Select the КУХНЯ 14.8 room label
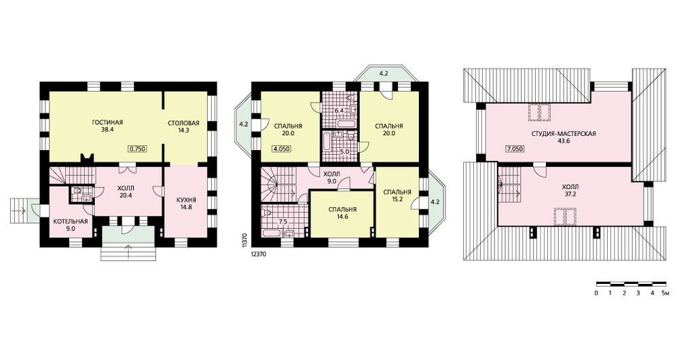(x=187, y=203)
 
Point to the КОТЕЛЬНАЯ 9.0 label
(x=71, y=225)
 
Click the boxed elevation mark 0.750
(x=138, y=149)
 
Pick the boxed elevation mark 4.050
(x=282, y=149)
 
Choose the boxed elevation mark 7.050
(x=515, y=149)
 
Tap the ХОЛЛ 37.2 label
(x=570, y=190)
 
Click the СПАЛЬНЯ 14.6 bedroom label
(x=342, y=213)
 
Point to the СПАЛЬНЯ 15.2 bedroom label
(x=397, y=196)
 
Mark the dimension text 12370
(x=258, y=255)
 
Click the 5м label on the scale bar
(x=665, y=293)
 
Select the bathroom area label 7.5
(x=283, y=222)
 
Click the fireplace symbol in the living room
(x=87, y=158)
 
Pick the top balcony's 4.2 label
(x=383, y=73)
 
